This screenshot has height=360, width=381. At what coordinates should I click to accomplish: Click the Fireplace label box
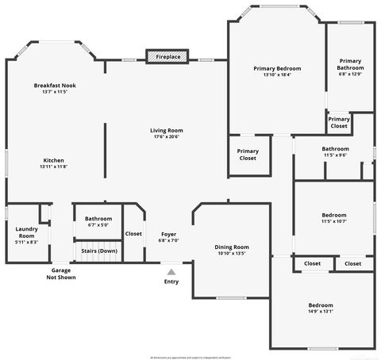point(167,57)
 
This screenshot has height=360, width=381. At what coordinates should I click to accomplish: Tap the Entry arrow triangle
point(171,272)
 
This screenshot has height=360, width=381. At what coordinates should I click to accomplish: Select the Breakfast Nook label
point(55,85)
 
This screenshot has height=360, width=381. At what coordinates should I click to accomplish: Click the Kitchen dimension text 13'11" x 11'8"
point(54,167)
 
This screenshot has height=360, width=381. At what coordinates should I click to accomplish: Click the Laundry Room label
point(26,232)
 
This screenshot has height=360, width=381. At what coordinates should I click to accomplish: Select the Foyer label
point(168,234)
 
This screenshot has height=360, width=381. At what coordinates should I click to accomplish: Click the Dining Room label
point(232,247)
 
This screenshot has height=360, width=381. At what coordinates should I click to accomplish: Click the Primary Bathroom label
point(350,63)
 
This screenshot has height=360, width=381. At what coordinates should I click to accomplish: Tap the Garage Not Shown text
point(61,274)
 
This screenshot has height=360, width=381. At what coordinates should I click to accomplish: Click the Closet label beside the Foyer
point(133,233)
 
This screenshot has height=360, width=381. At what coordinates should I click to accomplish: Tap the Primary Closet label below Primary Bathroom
point(339,122)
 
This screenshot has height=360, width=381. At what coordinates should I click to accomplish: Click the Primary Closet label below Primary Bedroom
point(248,154)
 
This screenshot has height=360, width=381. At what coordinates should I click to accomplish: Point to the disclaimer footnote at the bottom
point(190,356)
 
